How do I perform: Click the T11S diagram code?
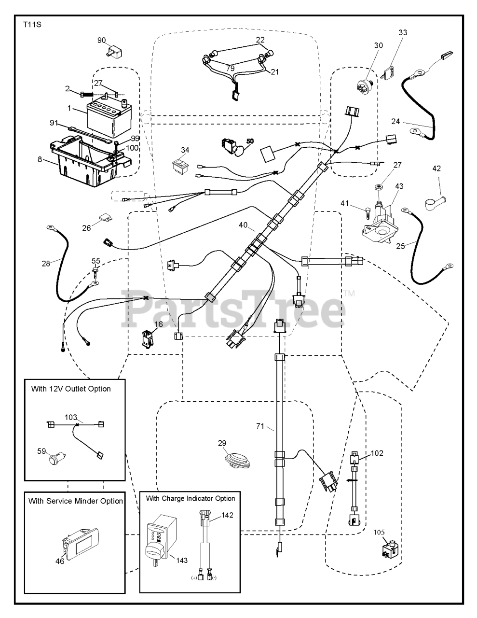click(x=32, y=25)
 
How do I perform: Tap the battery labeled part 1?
click(x=109, y=117)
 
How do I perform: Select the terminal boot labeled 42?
click(x=435, y=202)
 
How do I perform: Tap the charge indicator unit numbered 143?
click(x=161, y=542)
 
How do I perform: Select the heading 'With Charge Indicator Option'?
click(x=191, y=498)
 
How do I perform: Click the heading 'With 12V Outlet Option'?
click(x=71, y=389)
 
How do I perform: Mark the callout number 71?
click(x=260, y=426)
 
